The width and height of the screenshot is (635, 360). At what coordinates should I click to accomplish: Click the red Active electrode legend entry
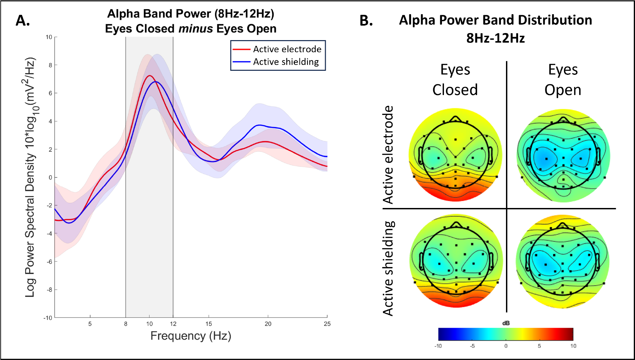click(x=277, y=49)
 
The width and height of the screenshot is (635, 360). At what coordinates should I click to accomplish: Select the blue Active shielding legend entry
click(x=276, y=62)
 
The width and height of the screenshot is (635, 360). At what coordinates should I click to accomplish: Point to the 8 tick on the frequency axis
click(x=126, y=324)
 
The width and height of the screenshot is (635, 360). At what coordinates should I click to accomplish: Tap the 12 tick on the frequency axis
click(x=173, y=324)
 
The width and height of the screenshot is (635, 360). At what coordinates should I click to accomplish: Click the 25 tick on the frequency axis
click(x=327, y=324)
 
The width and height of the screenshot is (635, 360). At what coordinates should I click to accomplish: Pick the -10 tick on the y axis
click(x=48, y=318)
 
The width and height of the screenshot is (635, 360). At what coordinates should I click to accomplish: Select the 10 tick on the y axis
click(x=49, y=37)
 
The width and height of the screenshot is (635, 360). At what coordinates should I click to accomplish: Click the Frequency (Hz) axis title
click(x=191, y=336)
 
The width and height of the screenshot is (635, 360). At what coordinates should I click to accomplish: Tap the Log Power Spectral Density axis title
click(x=31, y=177)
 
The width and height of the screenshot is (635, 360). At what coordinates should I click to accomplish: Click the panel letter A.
click(x=23, y=21)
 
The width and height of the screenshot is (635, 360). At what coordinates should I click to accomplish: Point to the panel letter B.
click(x=366, y=21)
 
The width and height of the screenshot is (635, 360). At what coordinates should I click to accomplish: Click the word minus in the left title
click(x=195, y=29)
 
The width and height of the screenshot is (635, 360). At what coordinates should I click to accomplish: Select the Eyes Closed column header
click(x=455, y=80)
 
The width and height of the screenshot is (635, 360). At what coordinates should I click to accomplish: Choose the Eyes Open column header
click(x=563, y=80)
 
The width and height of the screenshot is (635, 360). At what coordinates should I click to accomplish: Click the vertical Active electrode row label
click(x=388, y=155)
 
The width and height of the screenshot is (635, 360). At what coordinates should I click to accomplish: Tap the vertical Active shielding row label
click(x=388, y=268)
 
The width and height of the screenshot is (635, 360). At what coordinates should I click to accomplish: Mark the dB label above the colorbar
click(x=506, y=323)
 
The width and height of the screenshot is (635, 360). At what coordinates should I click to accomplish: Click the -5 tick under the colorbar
click(x=472, y=346)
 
